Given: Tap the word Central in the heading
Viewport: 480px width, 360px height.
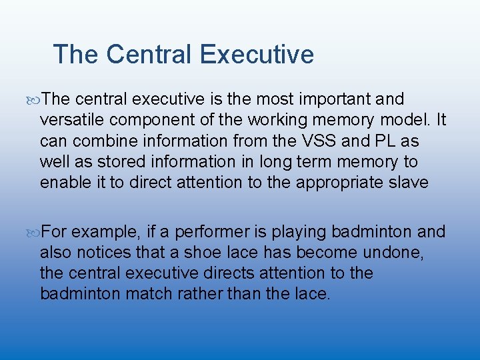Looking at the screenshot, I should coord(149,55).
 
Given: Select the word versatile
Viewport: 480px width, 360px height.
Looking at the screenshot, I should coord(69,120).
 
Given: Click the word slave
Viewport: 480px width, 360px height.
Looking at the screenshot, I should coord(406,182).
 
